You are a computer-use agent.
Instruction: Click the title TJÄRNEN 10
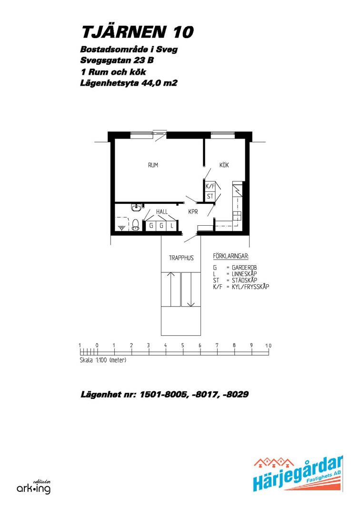pyautogui.click(x=138, y=31)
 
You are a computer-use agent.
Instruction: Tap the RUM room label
pyautogui.click(x=153, y=165)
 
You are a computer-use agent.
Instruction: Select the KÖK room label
pyautogui.click(x=224, y=165)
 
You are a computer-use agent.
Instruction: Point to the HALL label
pyautogui.click(x=161, y=212)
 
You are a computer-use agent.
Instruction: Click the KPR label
pyautogui.click(x=193, y=212)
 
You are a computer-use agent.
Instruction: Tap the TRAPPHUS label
pyautogui.click(x=181, y=258)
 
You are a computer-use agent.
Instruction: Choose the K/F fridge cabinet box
pyautogui.click(x=210, y=186)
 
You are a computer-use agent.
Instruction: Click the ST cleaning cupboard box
pyautogui.click(x=210, y=196)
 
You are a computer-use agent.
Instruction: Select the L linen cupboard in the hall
pyautogui.click(x=172, y=225)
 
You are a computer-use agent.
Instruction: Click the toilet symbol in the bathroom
pyautogui.click(x=135, y=225)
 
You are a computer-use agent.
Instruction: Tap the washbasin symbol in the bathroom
pyautogui.click(x=136, y=207)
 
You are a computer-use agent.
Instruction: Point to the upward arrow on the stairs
pyautogui.click(x=171, y=289)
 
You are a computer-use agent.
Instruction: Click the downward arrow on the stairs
pyautogui.click(x=190, y=289)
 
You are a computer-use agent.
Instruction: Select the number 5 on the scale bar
pyautogui.click(x=182, y=345)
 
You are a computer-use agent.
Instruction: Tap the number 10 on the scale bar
pyautogui.click(x=268, y=346)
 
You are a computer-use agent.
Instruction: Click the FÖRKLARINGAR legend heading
pyautogui.click(x=231, y=256)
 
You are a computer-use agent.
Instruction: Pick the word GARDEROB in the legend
pyautogui.click(x=244, y=268)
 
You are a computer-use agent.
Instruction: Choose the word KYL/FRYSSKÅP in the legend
pyautogui.click(x=250, y=287)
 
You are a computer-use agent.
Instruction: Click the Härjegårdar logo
pyautogui.click(x=298, y=474)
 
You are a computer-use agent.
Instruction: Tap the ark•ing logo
pyautogui.click(x=34, y=487)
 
